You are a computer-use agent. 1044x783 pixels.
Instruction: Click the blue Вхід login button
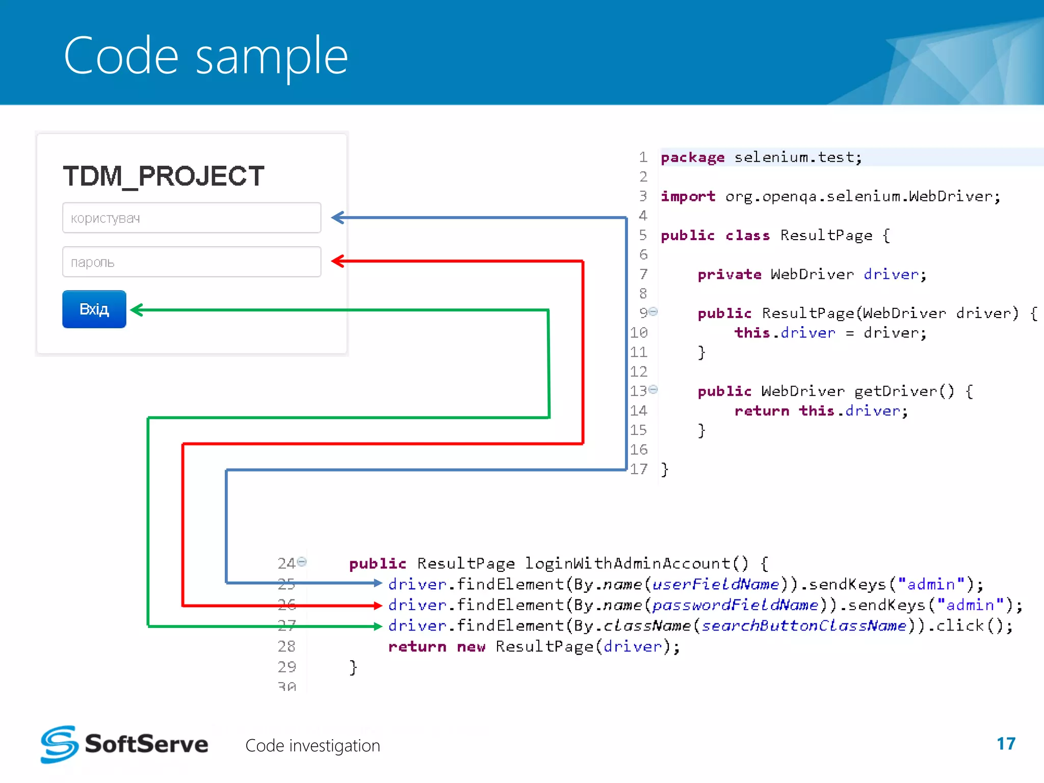click(x=94, y=309)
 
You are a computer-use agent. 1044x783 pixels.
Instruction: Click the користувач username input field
click(x=192, y=218)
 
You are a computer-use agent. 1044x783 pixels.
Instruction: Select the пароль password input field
click(x=192, y=262)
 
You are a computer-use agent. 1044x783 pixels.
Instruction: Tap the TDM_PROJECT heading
click(x=164, y=176)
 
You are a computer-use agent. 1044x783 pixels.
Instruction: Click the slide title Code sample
click(x=205, y=56)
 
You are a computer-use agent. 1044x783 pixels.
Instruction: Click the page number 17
click(x=1006, y=744)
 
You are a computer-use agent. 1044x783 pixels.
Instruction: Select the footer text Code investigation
click(x=312, y=746)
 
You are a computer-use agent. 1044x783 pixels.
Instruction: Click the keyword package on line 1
click(x=692, y=158)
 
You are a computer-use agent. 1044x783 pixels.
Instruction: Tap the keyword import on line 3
click(x=688, y=196)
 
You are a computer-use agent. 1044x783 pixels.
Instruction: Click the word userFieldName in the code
click(x=716, y=584)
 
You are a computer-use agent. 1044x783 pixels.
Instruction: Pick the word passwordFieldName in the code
click(x=735, y=605)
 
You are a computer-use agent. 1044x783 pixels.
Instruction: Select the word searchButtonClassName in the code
click(x=803, y=626)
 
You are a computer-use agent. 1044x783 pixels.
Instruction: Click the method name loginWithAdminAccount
click(x=628, y=563)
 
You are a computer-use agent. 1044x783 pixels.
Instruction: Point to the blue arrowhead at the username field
click(x=337, y=218)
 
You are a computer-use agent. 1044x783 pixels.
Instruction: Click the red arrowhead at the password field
click(x=337, y=261)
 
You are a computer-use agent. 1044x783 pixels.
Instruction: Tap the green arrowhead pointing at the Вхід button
click(x=137, y=309)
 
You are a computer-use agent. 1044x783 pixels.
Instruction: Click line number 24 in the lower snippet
click(x=286, y=563)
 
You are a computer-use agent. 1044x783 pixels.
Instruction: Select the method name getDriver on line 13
click(x=896, y=391)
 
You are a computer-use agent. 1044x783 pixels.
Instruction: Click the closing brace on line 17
click(x=664, y=469)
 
